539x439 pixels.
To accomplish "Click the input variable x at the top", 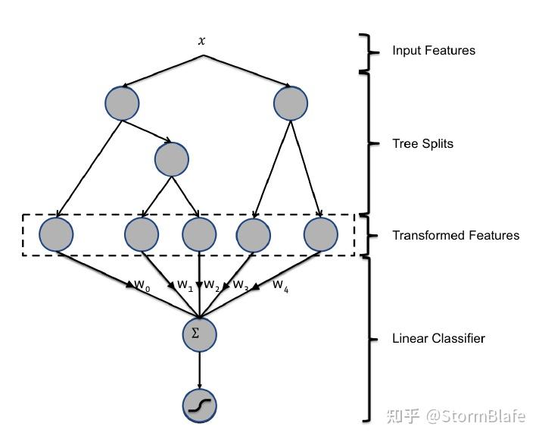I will coord(201,41).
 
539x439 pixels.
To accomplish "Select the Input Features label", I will coord(434,51).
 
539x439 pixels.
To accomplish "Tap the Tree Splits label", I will coord(422,143).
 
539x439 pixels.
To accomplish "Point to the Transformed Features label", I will coord(456,235).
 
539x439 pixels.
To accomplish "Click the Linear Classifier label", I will coord(438,338).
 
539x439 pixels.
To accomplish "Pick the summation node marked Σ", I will coord(199,334).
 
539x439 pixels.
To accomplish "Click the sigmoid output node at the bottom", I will coord(199,406).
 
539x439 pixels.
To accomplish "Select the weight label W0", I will coord(142,286).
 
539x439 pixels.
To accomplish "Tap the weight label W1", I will coord(185,286).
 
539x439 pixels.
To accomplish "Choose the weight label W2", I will coord(212,286).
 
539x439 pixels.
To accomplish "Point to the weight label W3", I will coord(241,286).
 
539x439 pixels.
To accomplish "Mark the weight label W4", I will coord(280,286).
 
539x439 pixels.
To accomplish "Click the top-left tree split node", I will coord(122,102).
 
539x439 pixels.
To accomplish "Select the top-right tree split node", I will coord(291,102).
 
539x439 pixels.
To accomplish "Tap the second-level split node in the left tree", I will coord(171,158).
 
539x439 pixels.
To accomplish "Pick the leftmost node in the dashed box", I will coord(56,234).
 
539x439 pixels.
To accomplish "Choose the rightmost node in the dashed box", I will coord(321,234).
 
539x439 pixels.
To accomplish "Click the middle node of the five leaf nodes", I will coord(199,234).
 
